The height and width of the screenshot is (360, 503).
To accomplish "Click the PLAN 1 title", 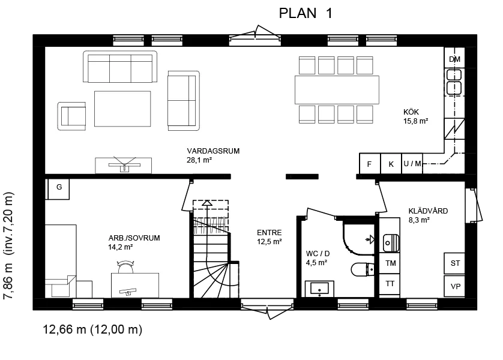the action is pos(306,13).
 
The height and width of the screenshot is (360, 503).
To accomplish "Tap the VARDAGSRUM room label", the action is pos(213,151).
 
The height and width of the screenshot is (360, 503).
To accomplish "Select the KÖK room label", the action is pos(411,112).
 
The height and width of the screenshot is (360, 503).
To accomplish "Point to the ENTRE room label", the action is pos(269,233).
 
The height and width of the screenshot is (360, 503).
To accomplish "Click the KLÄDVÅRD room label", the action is pos(428,211).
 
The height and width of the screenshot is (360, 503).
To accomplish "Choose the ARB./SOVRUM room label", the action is pos(134,238).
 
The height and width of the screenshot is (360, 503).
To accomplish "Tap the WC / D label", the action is pos(318,254).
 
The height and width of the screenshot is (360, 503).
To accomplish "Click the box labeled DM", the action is pos(454,58).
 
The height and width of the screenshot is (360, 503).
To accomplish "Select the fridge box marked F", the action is pos(370,164).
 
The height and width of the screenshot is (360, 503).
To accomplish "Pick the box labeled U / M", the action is pos(412,164).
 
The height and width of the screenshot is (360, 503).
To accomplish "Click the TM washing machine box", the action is pos(390,263).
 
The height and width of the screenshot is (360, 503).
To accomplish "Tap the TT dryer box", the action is pos(390,284).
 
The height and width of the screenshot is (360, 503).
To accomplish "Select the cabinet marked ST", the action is pos(454,263).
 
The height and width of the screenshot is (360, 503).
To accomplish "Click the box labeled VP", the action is pos(454,286).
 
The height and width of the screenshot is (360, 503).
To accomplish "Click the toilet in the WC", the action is pos(363,269).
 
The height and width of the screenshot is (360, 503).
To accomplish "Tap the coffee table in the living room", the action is pos(122,109).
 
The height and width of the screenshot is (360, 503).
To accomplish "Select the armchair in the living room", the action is pos(71,116).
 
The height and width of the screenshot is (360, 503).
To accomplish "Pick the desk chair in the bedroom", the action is pos(126,267).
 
